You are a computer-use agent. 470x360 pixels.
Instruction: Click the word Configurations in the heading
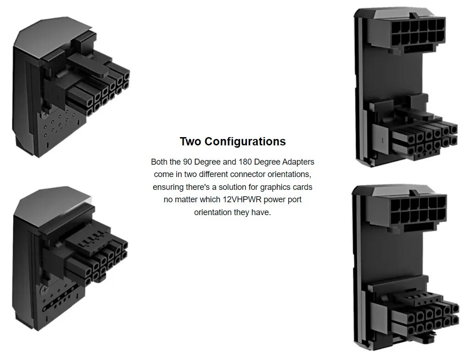pos(245,141)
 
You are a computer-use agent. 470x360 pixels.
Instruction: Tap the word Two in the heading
pos(190,141)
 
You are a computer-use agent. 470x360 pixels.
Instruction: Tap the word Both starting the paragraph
pos(159,162)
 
